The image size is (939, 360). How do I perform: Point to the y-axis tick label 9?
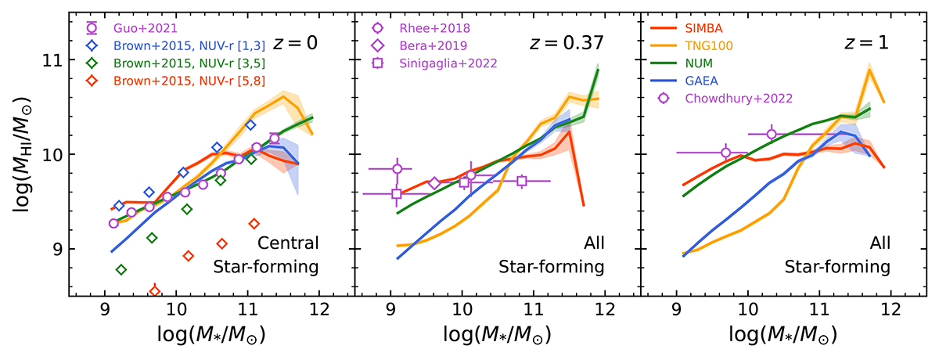55,250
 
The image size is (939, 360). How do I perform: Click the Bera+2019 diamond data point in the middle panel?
434,184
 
